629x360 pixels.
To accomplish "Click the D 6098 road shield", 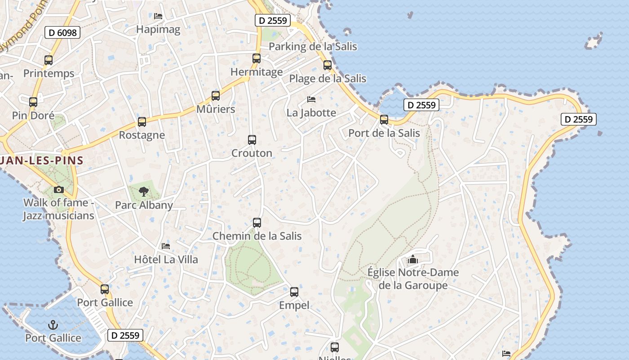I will click(62, 32).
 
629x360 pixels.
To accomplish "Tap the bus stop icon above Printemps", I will click(49, 60).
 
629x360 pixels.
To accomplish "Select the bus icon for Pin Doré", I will click(33, 102).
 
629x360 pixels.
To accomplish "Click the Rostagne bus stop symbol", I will click(142, 122).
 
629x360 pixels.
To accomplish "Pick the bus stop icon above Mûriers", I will click(216, 96).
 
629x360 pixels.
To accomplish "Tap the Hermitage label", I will click(257, 72).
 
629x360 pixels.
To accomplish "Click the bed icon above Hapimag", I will click(158, 16).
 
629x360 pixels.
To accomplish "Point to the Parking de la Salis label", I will click(313, 46).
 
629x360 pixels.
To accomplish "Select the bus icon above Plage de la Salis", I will click(328, 65).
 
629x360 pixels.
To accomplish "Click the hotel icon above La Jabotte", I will click(311, 99).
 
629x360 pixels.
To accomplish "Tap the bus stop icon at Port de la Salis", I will click(384, 120).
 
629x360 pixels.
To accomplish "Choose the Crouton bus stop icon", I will click(252, 140).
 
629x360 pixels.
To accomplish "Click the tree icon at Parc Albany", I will click(144, 192).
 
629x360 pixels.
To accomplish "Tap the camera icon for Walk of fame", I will click(59, 189).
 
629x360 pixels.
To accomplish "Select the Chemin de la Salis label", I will click(257, 236).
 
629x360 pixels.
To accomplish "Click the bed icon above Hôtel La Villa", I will click(166, 246).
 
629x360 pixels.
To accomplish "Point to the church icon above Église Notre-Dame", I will click(413, 259).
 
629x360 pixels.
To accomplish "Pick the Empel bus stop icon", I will click(294, 292).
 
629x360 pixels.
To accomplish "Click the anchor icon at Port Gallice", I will click(53, 324).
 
